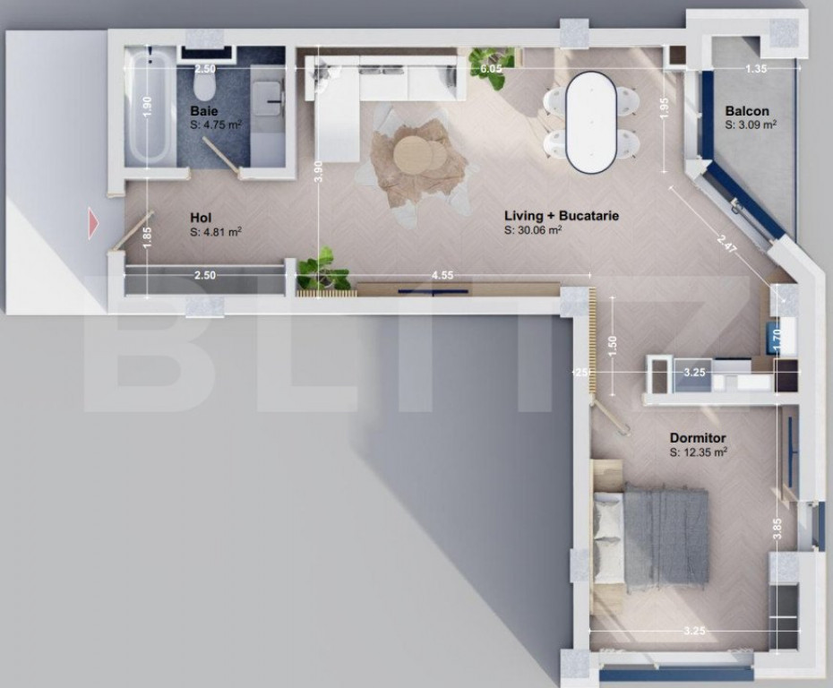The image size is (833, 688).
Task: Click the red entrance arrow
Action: (93, 224)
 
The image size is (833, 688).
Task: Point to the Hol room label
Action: (200, 217)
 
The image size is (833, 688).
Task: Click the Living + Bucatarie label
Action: (562, 215)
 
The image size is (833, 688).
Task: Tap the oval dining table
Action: (590, 121)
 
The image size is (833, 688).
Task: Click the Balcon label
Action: (746, 111)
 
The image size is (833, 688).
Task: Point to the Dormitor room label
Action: (698, 438)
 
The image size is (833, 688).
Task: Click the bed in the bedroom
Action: (652, 536)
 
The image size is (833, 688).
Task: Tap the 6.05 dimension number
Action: (491, 68)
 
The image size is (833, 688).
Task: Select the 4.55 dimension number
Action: (442, 275)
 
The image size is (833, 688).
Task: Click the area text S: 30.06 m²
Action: (533, 230)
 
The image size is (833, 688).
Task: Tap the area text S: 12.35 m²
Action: (698, 453)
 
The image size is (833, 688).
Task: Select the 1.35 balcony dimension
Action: (756, 68)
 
